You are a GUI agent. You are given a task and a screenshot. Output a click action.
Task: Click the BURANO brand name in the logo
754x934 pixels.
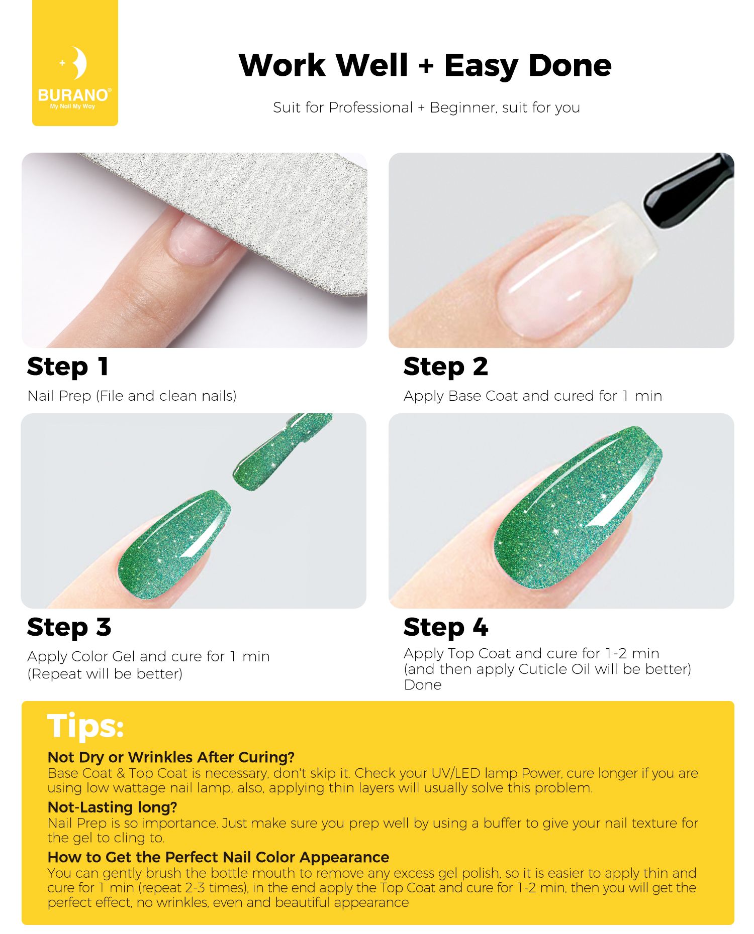click(73, 95)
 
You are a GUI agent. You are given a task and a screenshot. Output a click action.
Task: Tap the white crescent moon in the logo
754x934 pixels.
click(79, 63)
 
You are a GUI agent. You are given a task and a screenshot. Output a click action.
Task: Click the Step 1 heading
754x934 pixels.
click(68, 367)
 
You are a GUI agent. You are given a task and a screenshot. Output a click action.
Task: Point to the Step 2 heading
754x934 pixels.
click(446, 367)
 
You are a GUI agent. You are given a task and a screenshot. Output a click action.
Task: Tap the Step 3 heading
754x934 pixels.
click(69, 628)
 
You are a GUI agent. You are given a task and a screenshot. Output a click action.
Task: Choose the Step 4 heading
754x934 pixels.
click(446, 628)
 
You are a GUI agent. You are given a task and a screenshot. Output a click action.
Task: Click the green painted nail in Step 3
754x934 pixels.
click(173, 545)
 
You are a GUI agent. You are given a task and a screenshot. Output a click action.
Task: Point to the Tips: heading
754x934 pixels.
click(85, 726)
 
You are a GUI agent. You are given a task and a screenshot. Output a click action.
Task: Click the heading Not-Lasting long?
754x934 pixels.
click(113, 807)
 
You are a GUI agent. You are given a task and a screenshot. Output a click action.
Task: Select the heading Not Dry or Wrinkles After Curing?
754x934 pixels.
click(171, 757)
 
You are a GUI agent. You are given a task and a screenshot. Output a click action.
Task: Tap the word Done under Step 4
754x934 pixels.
click(423, 685)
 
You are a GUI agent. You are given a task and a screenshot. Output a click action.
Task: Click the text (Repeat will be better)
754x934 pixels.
click(105, 674)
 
